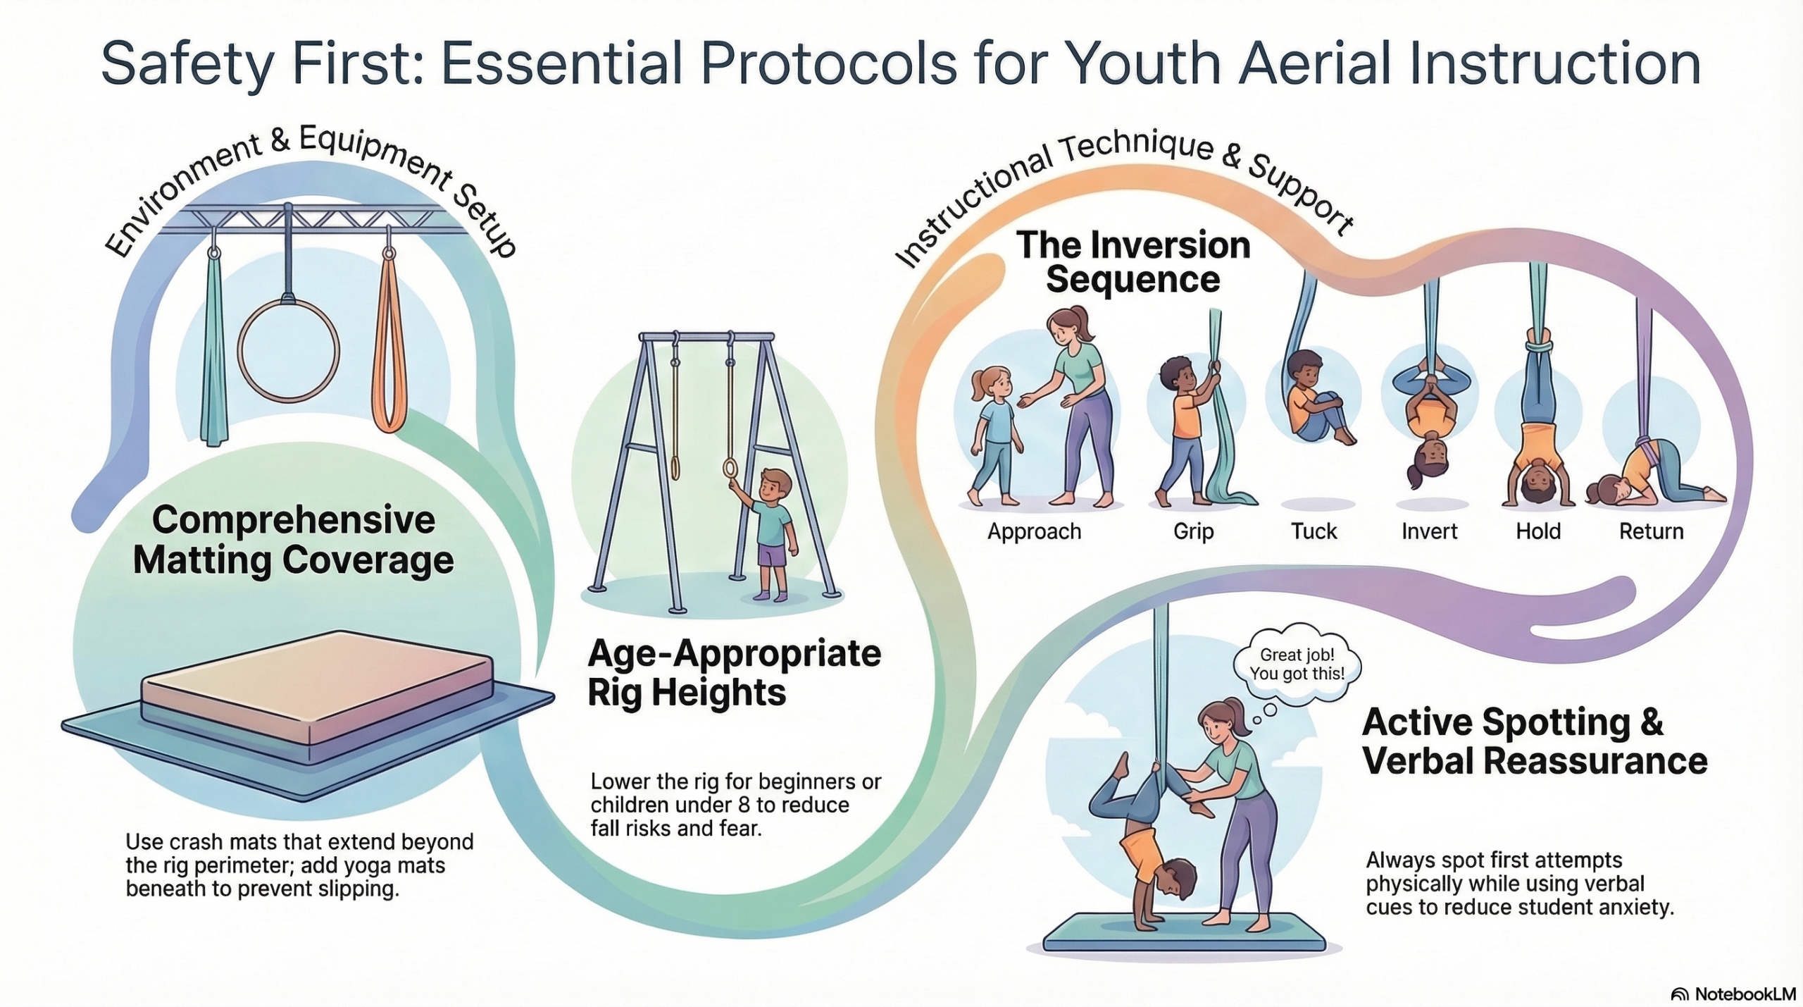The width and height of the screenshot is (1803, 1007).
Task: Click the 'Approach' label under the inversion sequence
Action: click(1034, 531)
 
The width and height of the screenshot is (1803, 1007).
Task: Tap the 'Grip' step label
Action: click(1193, 531)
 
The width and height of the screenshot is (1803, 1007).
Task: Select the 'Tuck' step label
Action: click(1314, 531)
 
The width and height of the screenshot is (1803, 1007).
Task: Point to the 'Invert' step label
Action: click(1429, 531)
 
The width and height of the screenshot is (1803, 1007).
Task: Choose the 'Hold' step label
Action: click(1538, 531)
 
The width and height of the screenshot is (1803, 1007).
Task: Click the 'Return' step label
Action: click(1651, 531)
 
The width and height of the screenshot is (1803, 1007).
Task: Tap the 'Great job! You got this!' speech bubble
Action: click(1297, 664)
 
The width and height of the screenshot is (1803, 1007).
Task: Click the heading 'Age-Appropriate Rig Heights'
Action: click(734, 673)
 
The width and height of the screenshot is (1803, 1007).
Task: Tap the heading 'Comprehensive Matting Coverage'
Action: click(293, 540)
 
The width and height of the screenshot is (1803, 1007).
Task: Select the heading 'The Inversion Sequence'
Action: click(1133, 262)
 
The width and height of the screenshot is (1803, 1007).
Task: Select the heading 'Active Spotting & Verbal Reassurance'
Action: click(1535, 742)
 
